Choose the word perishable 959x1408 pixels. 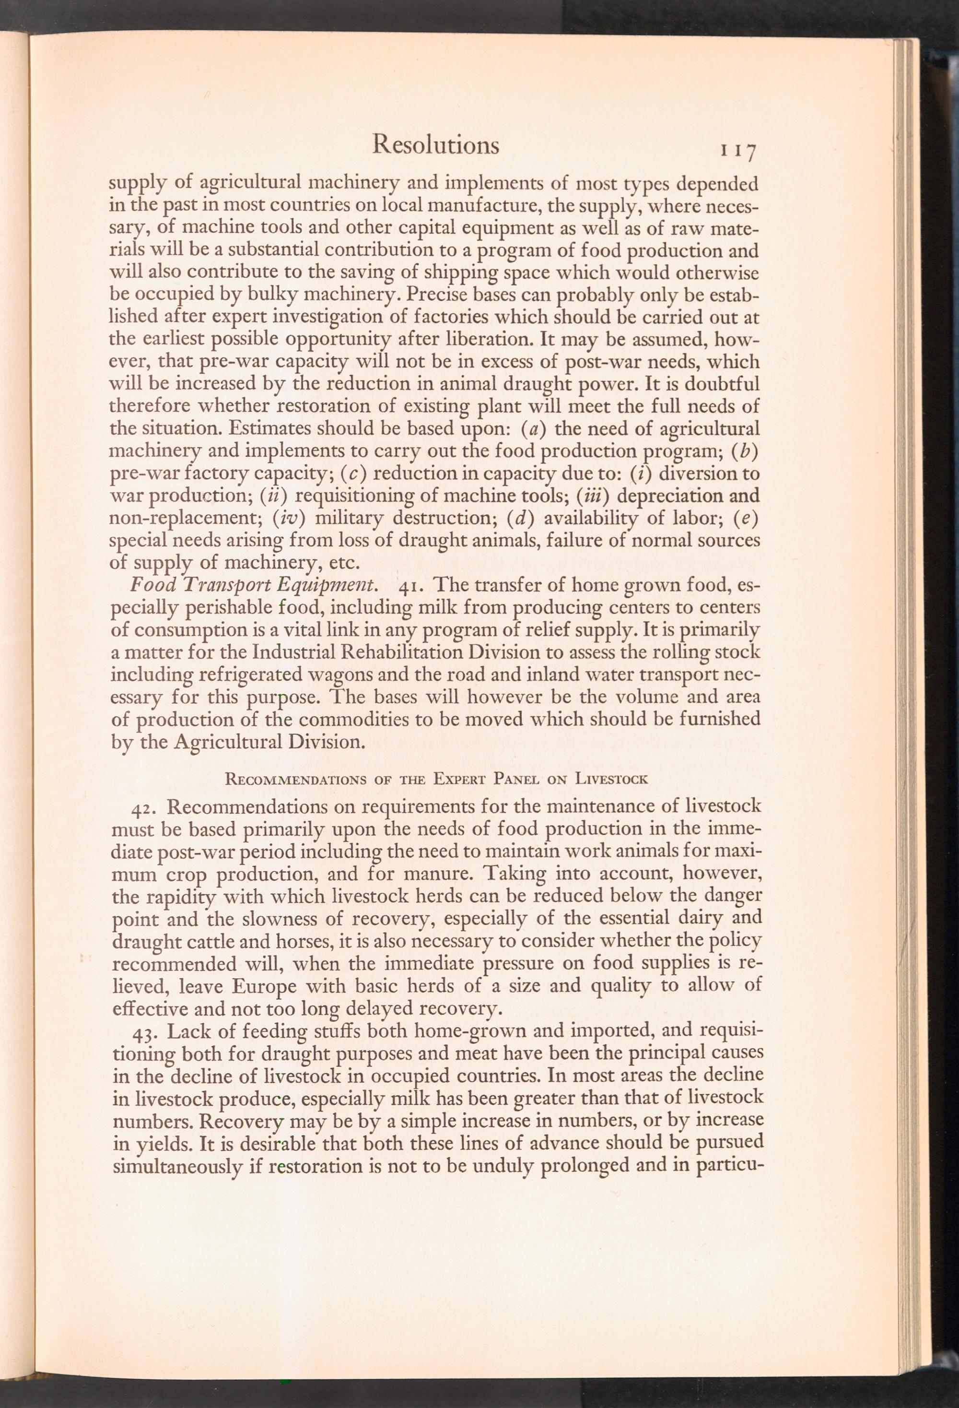click(x=211, y=608)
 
